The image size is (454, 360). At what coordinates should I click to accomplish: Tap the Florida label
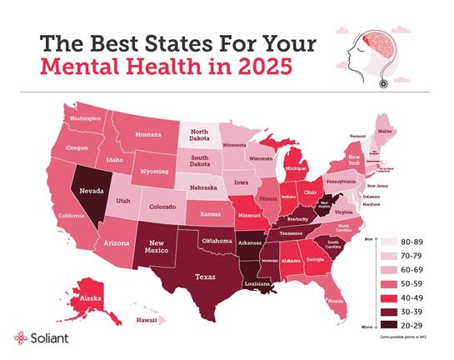tap(336, 301)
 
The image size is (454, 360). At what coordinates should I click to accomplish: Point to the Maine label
tap(386, 131)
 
